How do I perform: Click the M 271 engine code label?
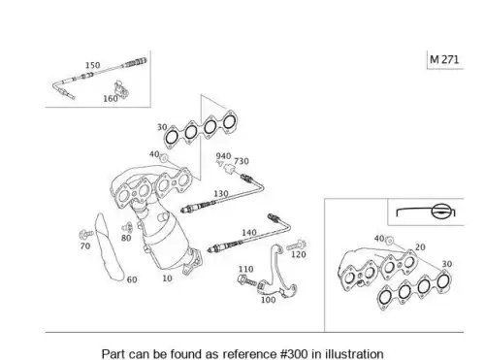click(444, 59)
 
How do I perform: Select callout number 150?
click(92, 65)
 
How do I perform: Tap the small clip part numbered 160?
click(121, 89)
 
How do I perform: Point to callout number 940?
click(223, 156)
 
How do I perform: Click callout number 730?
click(242, 161)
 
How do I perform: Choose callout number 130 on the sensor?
click(221, 193)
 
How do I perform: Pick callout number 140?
click(249, 232)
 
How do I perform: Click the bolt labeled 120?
click(297, 245)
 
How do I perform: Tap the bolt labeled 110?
click(247, 280)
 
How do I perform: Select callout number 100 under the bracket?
click(269, 300)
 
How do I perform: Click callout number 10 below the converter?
click(167, 278)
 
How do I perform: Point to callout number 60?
click(132, 279)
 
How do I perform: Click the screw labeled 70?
click(86, 234)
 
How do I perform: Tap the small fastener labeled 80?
click(127, 228)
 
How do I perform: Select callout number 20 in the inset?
click(420, 247)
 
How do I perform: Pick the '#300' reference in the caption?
click(294, 353)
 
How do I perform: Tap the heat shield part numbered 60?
click(109, 247)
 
